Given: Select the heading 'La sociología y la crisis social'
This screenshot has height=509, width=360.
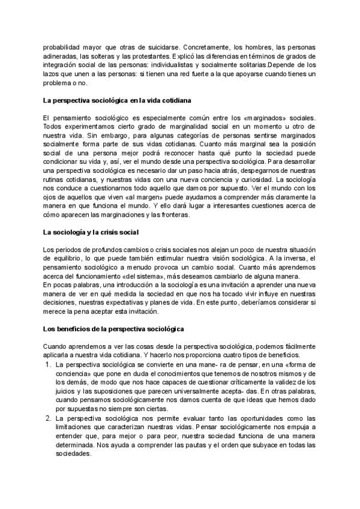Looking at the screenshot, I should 92,231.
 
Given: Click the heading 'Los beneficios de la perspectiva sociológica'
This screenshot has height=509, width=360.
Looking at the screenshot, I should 113,329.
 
